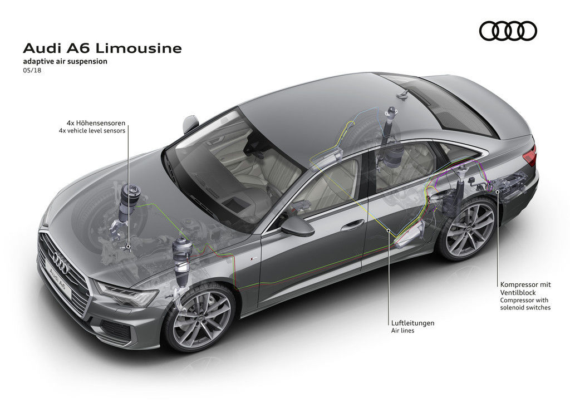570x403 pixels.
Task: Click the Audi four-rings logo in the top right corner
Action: pyautogui.click(x=508, y=31)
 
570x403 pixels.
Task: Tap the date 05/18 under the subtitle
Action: pyautogui.click(x=32, y=71)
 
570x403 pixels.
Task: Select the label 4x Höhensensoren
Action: pyautogui.click(x=96, y=123)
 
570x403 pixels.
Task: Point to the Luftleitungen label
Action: pyautogui.click(x=412, y=323)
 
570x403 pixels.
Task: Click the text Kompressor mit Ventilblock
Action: pyautogui.click(x=525, y=288)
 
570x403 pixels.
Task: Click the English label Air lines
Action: pyautogui.click(x=402, y=331)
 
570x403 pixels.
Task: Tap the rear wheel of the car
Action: pyautogui.click(x=469, y=229)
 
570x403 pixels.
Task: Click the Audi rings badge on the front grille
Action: pyautogui.click(x=60, y=262)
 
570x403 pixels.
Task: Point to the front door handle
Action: pyautogui.click(x=352, y=224)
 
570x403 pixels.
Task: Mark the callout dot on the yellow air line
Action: pyautogui.click(x=389, y=230)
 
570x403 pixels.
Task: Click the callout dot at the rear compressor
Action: pyautogui.click(x=498, y=190)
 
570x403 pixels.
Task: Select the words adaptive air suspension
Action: pyautogui.click(x=65, y=61)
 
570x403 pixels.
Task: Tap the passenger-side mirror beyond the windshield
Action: pyautogui.click(x=190, y=123)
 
